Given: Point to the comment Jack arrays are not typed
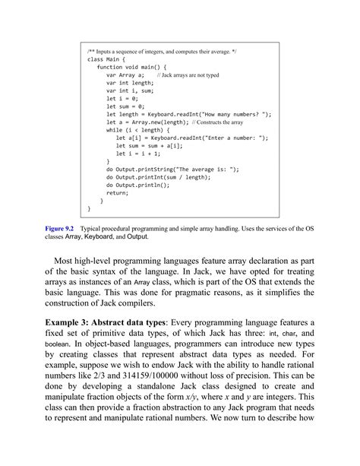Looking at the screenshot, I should pyautogui.click(x=189, y=76).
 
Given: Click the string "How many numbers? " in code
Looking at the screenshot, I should pyautogui.click(x=232, y=113).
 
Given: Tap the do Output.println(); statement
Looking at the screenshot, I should pyautogui.click(x=143, y=185).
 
